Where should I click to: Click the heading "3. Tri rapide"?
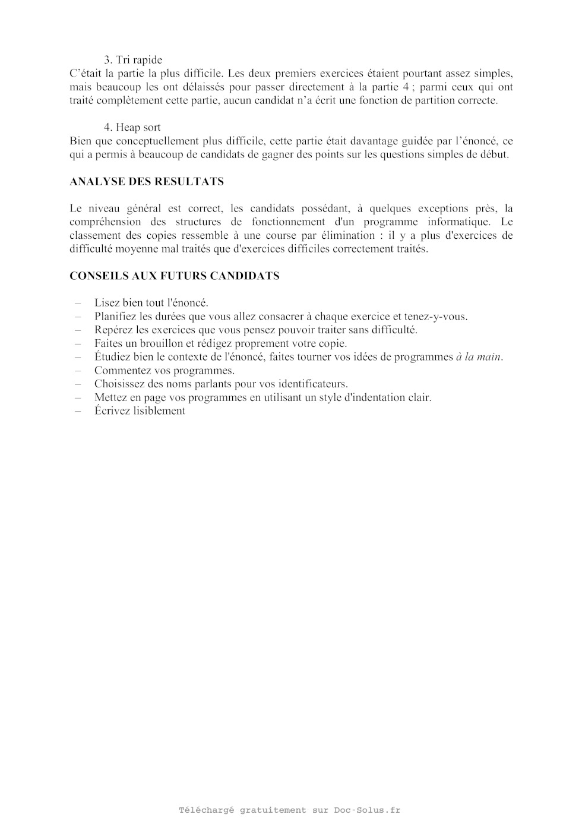(x=133, y=60)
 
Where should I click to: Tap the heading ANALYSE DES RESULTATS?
(x=147, y=182)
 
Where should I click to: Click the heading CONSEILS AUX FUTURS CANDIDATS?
(x=175, y=276)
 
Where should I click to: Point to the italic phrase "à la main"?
(x=479, y=357)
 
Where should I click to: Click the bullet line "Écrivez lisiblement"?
(x=140, y=411)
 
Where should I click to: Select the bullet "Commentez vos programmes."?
(x=165, y=371)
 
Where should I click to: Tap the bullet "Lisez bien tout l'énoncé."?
(x=151, y=303)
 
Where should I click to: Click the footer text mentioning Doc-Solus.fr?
(x=290, y=810)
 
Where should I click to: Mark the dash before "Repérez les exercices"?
(x=78, y=330)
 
